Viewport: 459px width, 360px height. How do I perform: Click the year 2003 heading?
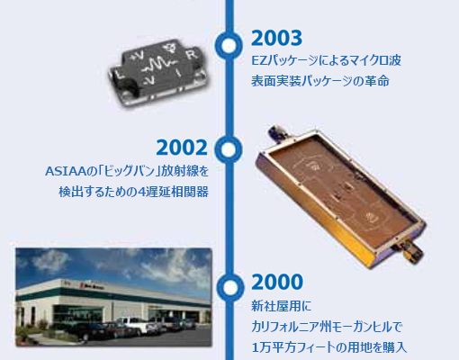click(x=276, y=38)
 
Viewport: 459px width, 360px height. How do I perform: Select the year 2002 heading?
click(x=182, y=148)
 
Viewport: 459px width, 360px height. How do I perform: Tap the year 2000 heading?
click(x=277, y=282)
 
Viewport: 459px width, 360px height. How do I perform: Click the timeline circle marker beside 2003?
click(x=229, y=45)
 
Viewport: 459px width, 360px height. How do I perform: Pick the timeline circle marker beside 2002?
click(x=229, y=149)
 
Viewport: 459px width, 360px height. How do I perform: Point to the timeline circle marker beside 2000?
click(x=230, y=288)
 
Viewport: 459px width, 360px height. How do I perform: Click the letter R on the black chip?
click(x=191, y=54)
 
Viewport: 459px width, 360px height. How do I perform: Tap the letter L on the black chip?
click(x=121, y=74)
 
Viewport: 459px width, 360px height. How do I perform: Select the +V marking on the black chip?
click(x=137, y=56)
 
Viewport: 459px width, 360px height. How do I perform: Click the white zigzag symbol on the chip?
click(x=157, y=66)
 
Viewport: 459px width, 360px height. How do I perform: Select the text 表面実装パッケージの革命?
click(x=320, y=81)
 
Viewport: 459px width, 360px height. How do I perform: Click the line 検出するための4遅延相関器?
click(x=133, y=192)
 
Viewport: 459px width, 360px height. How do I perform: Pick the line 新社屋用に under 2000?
click(x=282, y=306)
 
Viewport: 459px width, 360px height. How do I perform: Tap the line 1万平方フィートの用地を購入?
click(x=329, y=347)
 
